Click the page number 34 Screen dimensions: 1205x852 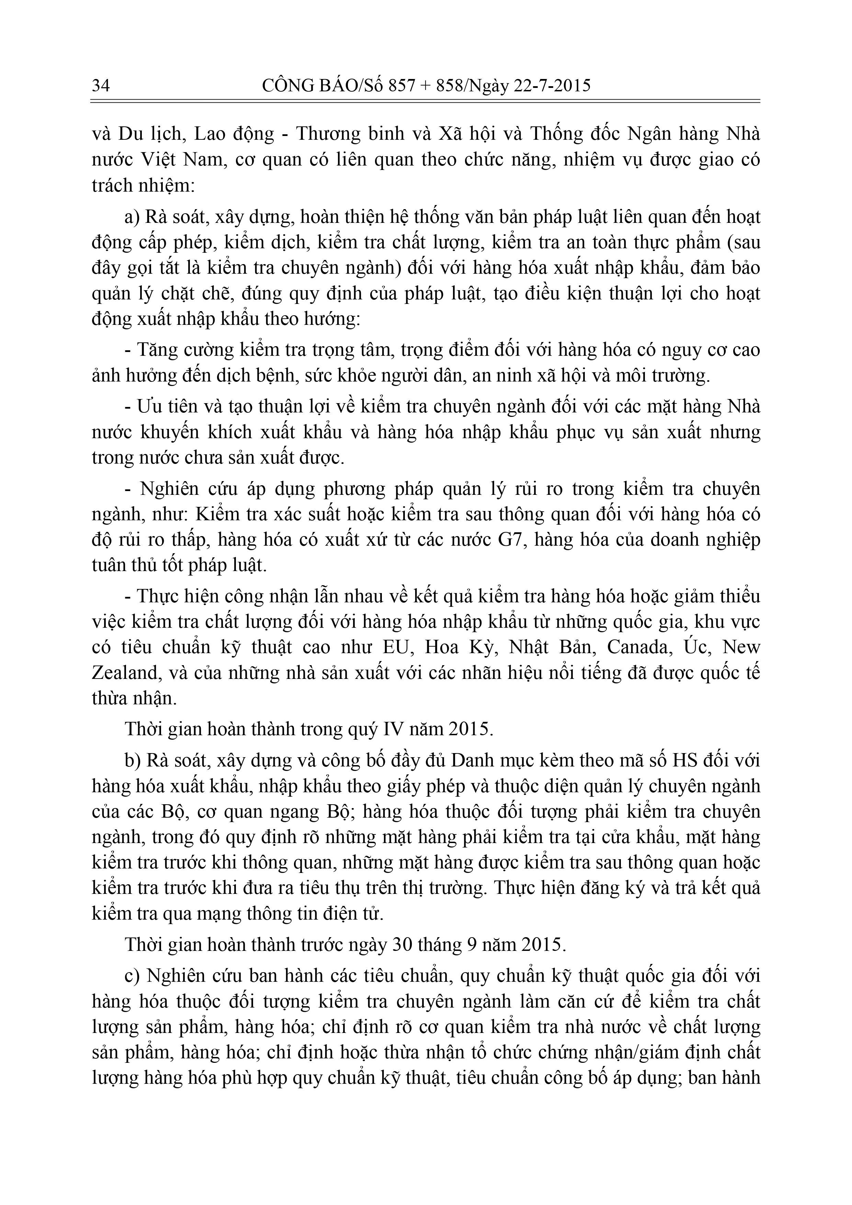101,85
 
